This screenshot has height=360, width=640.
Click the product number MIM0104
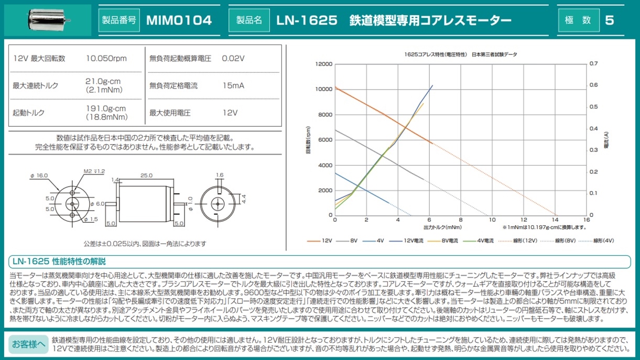[179, 20]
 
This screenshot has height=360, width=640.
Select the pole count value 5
[609, 20]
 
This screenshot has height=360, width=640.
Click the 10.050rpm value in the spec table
[106, 59]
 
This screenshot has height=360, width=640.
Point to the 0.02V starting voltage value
[233, 59]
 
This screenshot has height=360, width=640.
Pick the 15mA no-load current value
[233, 85]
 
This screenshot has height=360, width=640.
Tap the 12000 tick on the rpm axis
[324, 64]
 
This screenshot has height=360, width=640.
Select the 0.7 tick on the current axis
[593, 64]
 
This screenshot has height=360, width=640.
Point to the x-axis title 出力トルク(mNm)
[443, 227]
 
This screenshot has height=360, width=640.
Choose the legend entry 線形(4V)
[603, 241]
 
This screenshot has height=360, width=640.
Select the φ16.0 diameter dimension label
[39, 176]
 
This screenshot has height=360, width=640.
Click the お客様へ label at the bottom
[29, 344]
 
